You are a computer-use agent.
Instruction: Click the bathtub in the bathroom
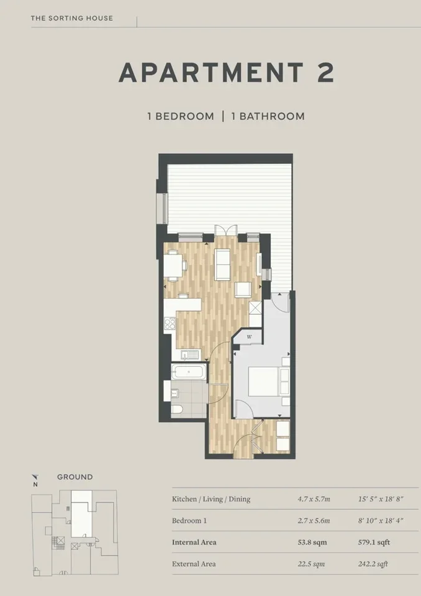[x=189, y=371]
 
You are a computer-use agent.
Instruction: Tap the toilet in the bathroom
[x=177, y=409]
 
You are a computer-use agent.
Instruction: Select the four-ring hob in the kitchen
[x=170, y=323]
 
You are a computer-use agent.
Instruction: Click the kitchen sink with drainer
[x=190, y=355]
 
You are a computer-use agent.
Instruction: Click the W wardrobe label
[x=250, y=336]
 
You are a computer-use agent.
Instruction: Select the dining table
[x=173, y=266]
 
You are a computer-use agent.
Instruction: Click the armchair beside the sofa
[x=243, y=290]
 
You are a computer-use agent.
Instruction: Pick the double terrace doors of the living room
[x=225, y=230]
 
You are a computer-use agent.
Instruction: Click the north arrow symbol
[x=35, y=477]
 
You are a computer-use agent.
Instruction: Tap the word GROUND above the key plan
[x=75, y=477]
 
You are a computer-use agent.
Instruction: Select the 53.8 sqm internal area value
[x=312, y=543]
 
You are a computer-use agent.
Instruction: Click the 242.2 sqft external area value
[x=373, y=564]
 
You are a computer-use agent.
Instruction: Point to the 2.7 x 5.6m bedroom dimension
[x=314, y=521]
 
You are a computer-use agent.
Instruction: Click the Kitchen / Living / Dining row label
[x=211, y=499]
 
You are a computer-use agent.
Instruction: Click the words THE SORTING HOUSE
[x=72, y=18]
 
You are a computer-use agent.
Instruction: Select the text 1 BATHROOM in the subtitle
[x=268, y=116]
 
